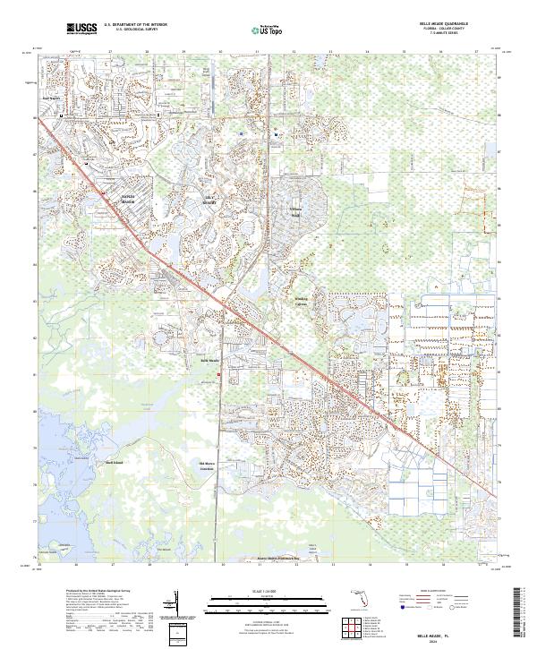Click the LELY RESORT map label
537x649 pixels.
[x=211, y=200]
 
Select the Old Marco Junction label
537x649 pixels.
[x=206, y=465]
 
